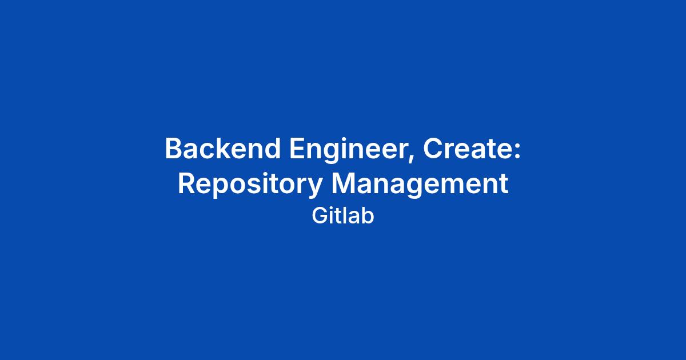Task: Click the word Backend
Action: (223, 149)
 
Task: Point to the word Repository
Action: (250, 185)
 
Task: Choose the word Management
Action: (420, 185)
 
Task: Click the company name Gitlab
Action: (343, 216)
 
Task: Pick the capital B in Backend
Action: (174, 149)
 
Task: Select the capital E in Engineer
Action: (297, 149)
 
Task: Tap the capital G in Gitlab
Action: (320, 216)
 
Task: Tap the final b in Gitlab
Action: (368, 216)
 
